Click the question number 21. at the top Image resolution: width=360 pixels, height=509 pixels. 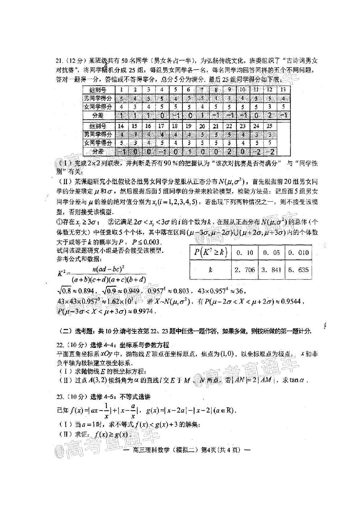(x=60, y=61)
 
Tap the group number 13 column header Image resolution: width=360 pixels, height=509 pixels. (x=283, y=89)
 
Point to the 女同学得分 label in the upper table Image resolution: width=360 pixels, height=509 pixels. (x=98, y=107)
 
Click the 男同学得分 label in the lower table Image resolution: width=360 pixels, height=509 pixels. (x=98, y=134)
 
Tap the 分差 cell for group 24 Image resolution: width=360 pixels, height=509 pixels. (x=256, y=151)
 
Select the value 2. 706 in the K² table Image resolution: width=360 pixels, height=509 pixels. (x=245, y=270)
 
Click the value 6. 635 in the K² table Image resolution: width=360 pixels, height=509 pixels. (x=298, y=270)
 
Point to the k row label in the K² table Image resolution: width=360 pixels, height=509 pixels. (x=210, y=270)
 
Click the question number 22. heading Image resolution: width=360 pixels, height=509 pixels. (x=60, y=345)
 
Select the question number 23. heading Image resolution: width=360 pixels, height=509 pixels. (x=60, y=397)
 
